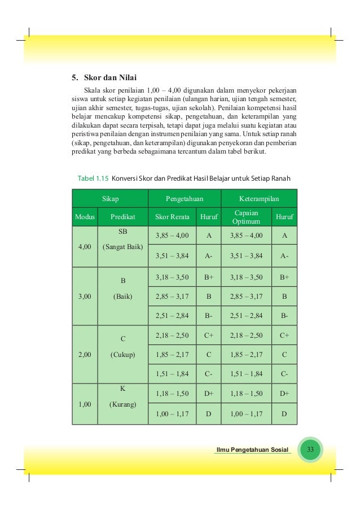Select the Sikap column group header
109,199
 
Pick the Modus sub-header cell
84,216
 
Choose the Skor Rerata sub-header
172,216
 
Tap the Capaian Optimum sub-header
246,216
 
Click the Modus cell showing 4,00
84,246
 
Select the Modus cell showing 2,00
84,355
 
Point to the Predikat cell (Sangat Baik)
123,247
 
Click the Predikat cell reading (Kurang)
123,404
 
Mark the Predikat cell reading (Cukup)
123,355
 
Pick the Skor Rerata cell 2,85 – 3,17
172,295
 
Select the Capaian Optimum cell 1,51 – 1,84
246,373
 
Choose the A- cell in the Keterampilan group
284,256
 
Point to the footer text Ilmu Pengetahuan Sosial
252,450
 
